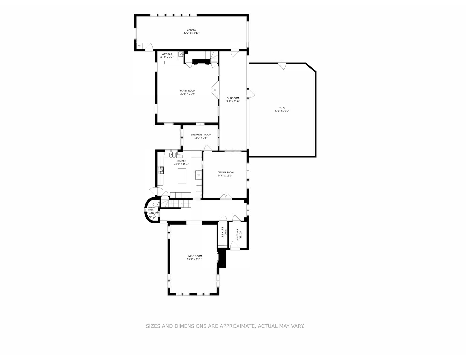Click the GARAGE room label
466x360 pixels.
pos(191,30)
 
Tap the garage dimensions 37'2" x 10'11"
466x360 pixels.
pos(191,33)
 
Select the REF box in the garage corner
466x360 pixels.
pos(139,46)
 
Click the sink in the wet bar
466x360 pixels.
pos(181,54)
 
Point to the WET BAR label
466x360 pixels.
pos(167,54)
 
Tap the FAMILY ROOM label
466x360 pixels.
pos(187,91)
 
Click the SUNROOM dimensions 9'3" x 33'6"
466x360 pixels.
pos(233,101)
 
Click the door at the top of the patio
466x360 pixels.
pos(282,66)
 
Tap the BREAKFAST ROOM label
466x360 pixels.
pos(201,135)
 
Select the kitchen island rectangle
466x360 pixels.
pos(182,176)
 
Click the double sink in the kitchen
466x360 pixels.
pos(173,155)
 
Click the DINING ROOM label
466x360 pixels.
pos(225,173)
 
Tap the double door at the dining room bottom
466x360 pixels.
pos(226,197)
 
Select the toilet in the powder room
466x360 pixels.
pos(156,205)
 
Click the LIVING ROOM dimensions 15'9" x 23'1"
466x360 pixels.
pos(194,259)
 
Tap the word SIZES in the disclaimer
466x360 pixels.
pos(153,326)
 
